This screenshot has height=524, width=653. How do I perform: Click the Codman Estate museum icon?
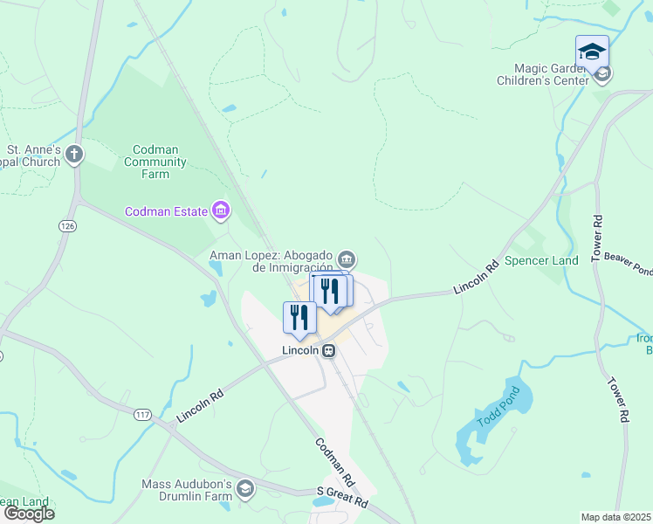[x=221, y=210]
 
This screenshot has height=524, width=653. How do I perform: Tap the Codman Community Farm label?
[x=157, y=162]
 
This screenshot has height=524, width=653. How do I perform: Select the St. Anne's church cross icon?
[x=75, y=155]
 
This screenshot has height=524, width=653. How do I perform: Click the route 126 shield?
[x=67, y=225]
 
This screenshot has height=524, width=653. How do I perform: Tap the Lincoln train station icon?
[x=329, y=350]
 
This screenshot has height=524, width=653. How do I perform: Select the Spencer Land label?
[x=542, y=260]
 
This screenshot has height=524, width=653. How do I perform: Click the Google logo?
[x=29, y=514]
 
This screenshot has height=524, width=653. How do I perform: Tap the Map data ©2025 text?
[x=616, y=517]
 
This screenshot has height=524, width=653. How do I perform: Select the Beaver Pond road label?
[x=627, y=263]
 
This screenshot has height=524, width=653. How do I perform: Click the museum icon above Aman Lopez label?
[x=347, y=259]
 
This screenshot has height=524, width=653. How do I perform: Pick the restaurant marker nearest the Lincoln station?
[x=299, y=318]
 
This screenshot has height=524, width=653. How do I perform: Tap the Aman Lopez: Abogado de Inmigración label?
[x=272, y=261]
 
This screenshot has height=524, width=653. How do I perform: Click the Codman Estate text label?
[x=167, y=211]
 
